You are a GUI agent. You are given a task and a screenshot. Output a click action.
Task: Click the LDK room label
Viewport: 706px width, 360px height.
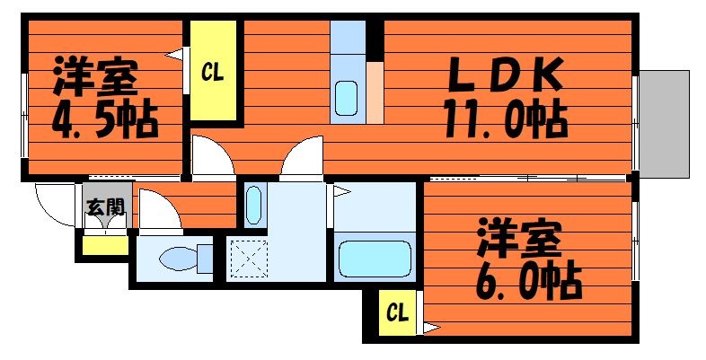503,75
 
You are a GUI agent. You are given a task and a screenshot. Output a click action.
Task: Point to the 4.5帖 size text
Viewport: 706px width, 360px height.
105,120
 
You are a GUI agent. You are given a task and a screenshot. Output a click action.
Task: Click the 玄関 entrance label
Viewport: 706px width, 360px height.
105,207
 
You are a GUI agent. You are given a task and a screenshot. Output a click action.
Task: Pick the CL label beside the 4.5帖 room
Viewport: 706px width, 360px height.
213,72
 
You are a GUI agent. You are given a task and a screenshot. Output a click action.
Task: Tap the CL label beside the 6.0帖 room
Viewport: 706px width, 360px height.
398,312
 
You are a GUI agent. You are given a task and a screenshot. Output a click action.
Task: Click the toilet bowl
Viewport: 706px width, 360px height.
179,259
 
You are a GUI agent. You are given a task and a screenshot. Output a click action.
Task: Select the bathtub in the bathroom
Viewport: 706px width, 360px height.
375,259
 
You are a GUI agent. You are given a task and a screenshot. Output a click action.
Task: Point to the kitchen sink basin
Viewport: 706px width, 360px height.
346,98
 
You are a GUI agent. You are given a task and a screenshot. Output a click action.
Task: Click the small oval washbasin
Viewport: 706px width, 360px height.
254,206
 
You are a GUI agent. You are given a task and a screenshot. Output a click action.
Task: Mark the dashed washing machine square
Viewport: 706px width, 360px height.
249,259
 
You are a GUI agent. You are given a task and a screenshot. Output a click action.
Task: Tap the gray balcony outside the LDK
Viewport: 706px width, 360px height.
665,124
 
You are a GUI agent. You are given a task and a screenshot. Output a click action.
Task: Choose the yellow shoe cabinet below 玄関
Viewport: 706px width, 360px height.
105,246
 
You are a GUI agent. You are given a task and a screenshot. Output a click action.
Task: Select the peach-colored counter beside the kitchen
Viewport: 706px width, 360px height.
375,92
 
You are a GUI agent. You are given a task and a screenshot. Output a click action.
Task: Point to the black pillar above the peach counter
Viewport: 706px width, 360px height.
375,40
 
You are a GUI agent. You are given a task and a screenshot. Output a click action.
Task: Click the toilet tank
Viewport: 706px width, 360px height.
206,259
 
